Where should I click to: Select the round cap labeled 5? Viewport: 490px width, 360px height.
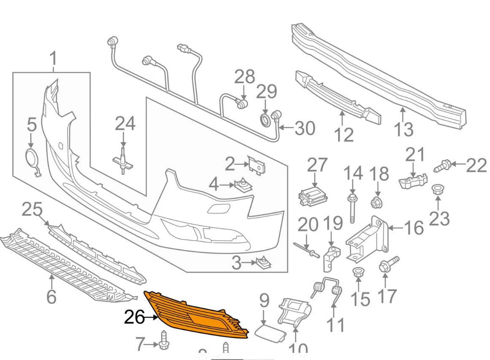(x=32, y=158)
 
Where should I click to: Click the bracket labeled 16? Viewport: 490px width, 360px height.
(x=367, y=239)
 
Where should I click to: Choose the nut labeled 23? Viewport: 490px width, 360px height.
(x=437, y=190)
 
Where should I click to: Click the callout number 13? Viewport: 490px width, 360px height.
(x=403, y=129)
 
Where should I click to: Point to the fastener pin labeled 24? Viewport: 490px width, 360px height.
(x=122, y=161)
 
